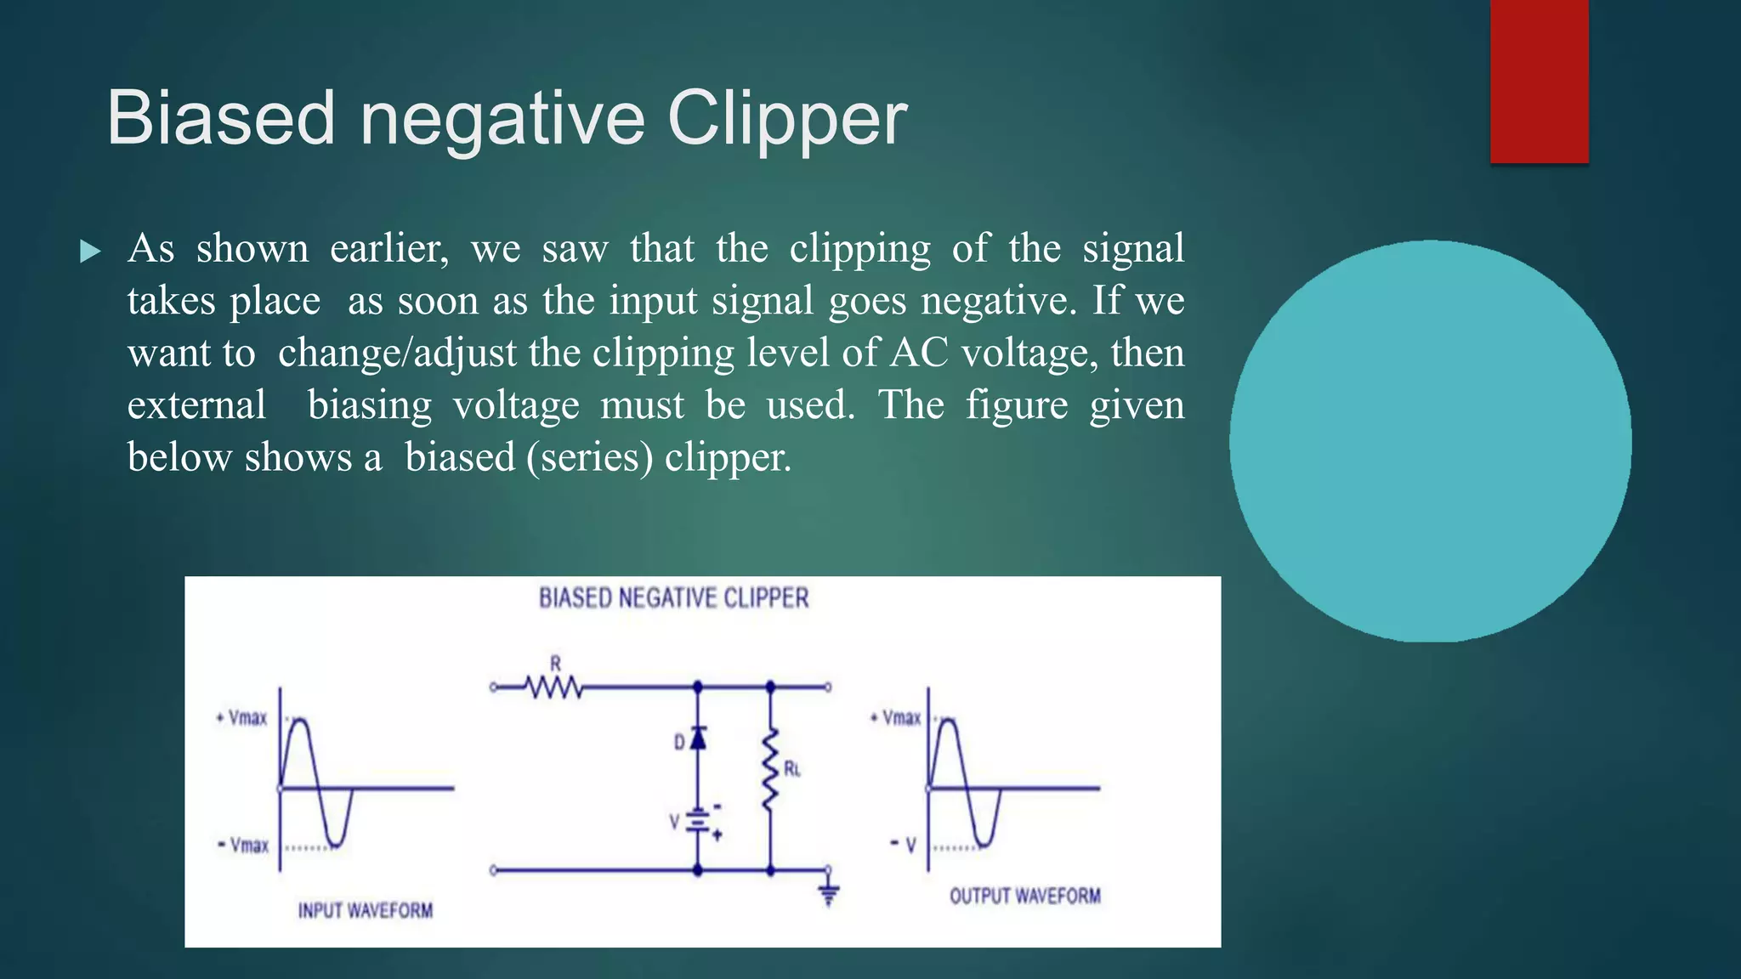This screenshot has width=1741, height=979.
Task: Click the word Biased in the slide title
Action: tap(220, 119)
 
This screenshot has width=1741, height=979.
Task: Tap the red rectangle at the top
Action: tap(1539, 81)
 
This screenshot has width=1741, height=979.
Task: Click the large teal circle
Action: tap(1430, 441)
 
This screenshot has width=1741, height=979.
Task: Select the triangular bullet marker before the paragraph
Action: tap(89, 252)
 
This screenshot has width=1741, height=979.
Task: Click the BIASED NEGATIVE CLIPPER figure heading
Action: tap(673, 598)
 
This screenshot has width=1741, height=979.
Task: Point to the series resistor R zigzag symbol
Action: tap(554, 687)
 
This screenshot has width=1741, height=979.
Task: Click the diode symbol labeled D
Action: tap(698, 738)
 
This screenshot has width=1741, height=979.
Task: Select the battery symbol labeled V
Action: tap(698, 822)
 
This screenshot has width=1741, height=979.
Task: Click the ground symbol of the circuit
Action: tap(829, 893)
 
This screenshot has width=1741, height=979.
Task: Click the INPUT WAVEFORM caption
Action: tap(365, 911)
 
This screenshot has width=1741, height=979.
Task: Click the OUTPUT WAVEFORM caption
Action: tap(1024, 897)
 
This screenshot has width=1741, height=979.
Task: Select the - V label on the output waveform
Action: tap(904, 845)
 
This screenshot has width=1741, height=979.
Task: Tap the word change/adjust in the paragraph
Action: tap(397, 353)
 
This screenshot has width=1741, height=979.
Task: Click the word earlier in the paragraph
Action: tap(389, 248)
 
